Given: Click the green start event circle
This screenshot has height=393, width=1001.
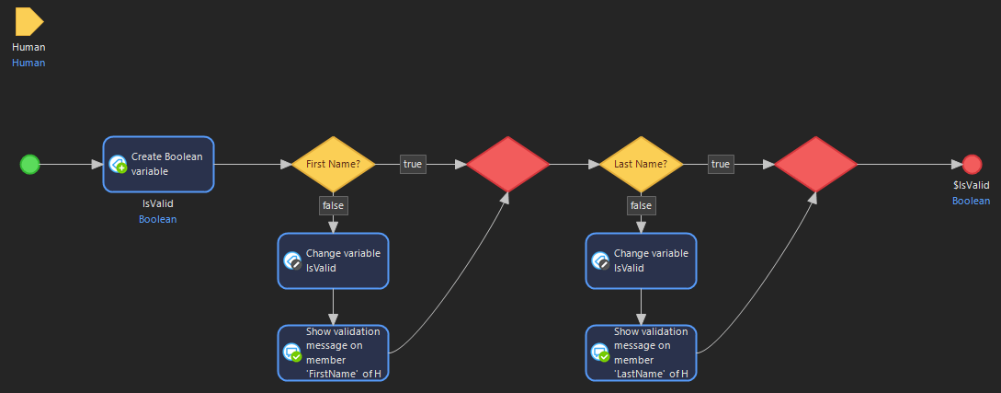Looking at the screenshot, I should [x=30, y=165].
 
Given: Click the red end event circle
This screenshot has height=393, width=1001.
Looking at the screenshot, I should [x=972, y=165].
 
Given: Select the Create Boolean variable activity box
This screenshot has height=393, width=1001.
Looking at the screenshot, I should [x=158, y=165].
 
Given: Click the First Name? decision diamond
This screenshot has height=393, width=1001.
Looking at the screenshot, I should [x=333, y=165].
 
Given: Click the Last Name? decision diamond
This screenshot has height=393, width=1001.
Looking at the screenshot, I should [x=641, y=165].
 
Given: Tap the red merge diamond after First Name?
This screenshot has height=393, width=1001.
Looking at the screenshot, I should [x=507, y=165].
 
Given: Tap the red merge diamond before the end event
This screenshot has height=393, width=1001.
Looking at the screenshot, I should [x=815, y=165].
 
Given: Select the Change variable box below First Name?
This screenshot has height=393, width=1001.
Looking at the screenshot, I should [x=334, y=260].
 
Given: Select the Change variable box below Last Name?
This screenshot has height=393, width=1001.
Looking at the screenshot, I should [x=642, y=260].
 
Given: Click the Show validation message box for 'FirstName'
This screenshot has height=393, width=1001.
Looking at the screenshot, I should [x=334, y=353].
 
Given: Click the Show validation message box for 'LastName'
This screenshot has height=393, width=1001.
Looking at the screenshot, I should [x=642, y=353].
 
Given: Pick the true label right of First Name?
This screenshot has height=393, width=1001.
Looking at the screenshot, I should [x=413, y=165].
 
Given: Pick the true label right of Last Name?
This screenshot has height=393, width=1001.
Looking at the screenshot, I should [x=721, y=165].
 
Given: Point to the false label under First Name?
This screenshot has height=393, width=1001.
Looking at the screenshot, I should [x=333, y=205].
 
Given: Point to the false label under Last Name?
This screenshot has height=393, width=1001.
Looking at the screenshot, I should [x=641, y=205].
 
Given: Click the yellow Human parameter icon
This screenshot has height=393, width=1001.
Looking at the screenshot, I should [x=28, y=22].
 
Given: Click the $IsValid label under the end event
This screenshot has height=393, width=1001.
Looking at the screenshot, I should [x=972, y=186].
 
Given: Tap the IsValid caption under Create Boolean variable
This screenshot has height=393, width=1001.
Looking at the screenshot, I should [x=158, y=204].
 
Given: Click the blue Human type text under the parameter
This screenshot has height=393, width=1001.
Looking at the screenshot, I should [x=28, y=63].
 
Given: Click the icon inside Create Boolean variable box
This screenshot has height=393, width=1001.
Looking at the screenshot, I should [x=118, y=165].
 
